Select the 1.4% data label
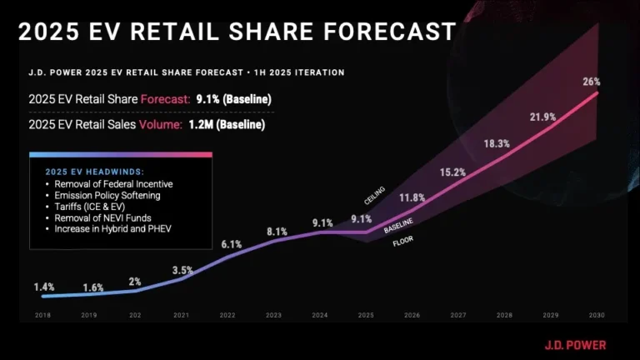[x=44, y=287]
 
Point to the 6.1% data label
[x=232, y=244]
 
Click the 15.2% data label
[x=453, y=172]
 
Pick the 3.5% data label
[x=182, y=270]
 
